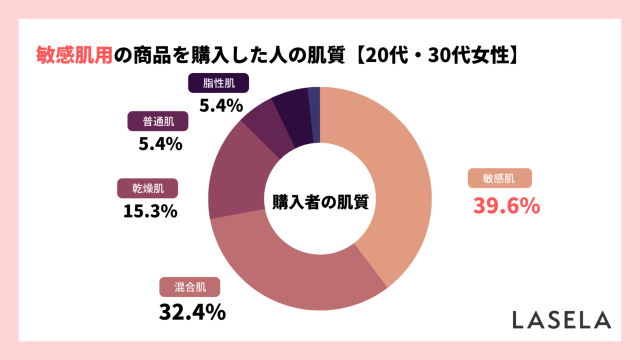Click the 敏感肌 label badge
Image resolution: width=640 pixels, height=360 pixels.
[499, 178]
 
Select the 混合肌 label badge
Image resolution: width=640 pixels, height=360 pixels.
[190, 287]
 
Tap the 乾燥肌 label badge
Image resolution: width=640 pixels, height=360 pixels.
[147, 188]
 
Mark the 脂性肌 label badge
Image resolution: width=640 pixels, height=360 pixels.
[218, 83]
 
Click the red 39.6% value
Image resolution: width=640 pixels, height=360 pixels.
[506, 205]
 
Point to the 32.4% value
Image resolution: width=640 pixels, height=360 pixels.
[192, 312]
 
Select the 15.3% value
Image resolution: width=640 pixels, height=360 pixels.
[150, 211]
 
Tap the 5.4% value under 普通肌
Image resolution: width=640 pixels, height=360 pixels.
[160, 144]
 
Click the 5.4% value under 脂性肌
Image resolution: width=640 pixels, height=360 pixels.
[221, 105]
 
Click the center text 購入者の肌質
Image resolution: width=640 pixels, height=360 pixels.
[320, 202]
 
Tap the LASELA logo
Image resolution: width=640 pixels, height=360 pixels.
[561, 320]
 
